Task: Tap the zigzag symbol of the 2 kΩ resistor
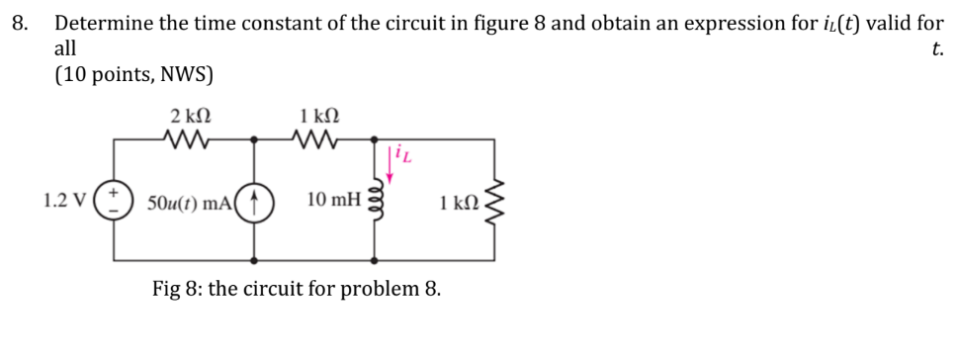click(x=187, y=139)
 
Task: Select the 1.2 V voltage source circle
click(x=113, y=201)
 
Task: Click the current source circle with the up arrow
click(x=255, y=201)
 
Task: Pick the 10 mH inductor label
click(x=333, y=202)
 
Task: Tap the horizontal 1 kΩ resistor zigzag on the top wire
click(x=316, y=139)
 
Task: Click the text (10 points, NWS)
click(x=133, y=75)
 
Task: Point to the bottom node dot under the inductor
click(x=375, y=261)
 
